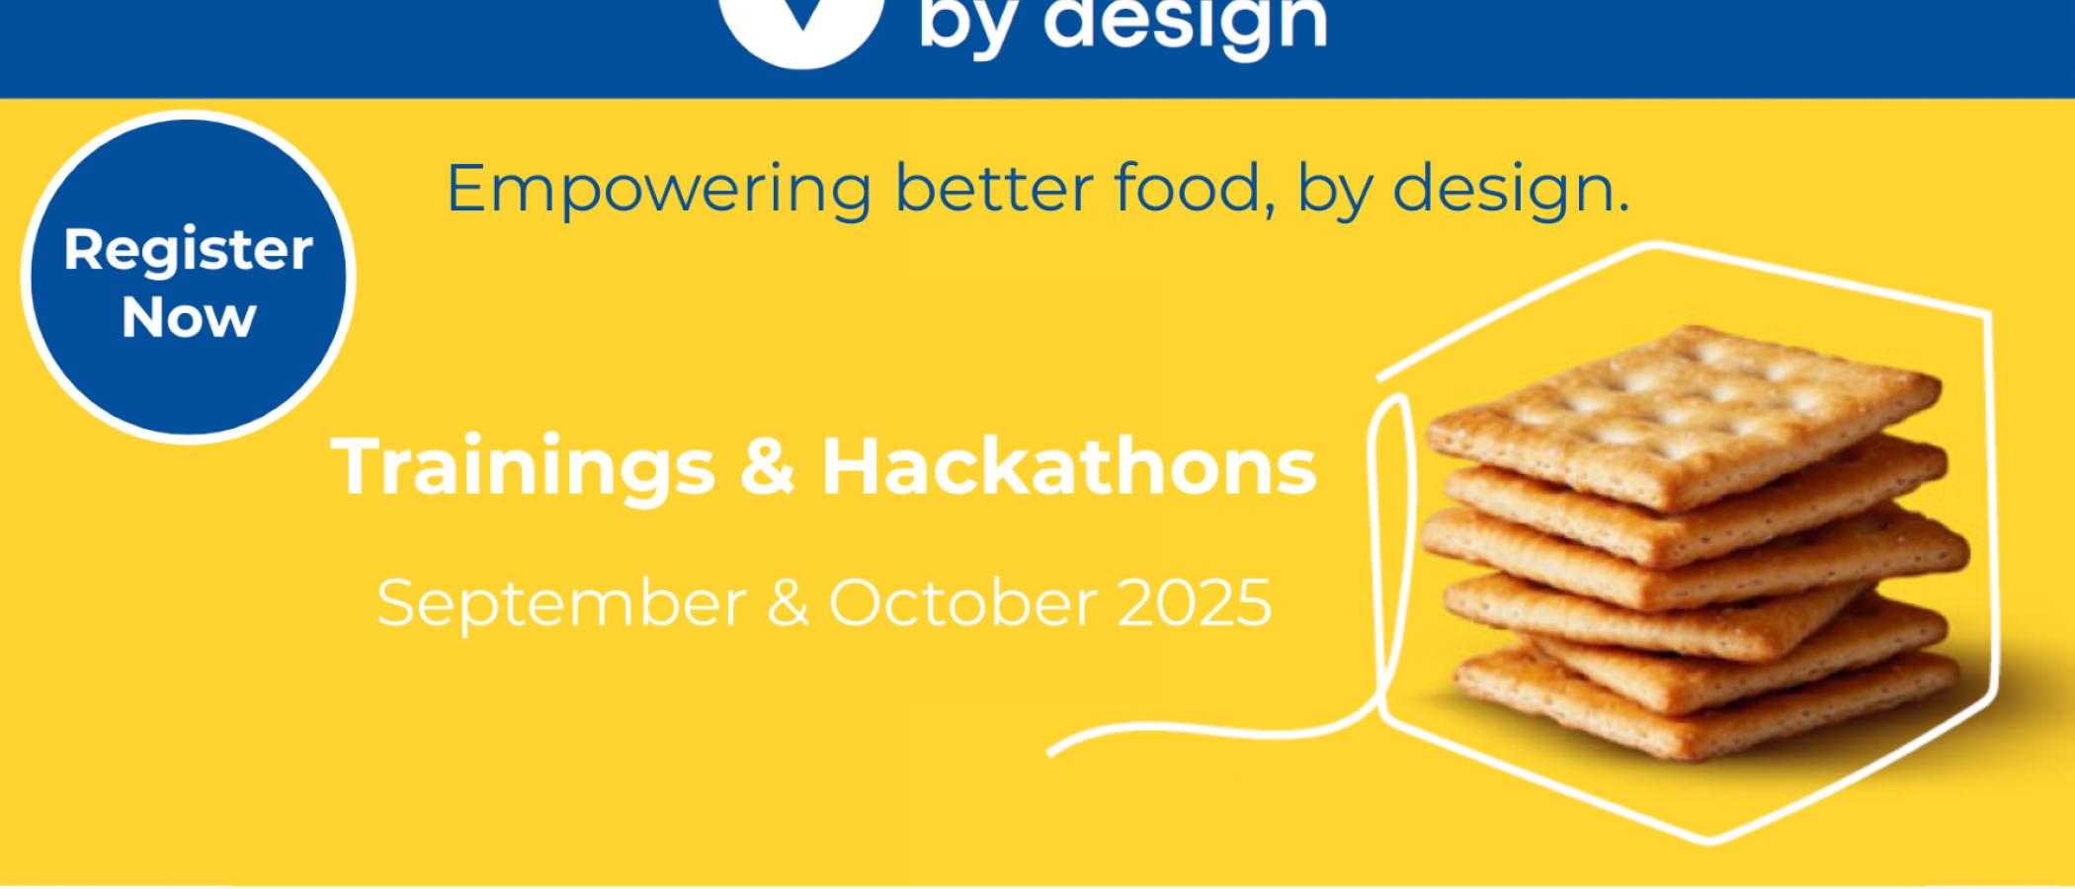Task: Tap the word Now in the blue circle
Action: coord(189,318)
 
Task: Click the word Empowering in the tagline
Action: coord(659,191)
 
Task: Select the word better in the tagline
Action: coord(993,187)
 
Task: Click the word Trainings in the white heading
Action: coord(523,468)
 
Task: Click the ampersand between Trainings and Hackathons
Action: coord(768,465)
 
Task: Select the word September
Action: coord(561,605)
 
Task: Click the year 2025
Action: coord(1195,603)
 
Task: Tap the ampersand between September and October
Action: coord(788,603)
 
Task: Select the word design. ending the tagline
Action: coord(1511,191)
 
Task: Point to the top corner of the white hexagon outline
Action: coord(1656,244)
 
